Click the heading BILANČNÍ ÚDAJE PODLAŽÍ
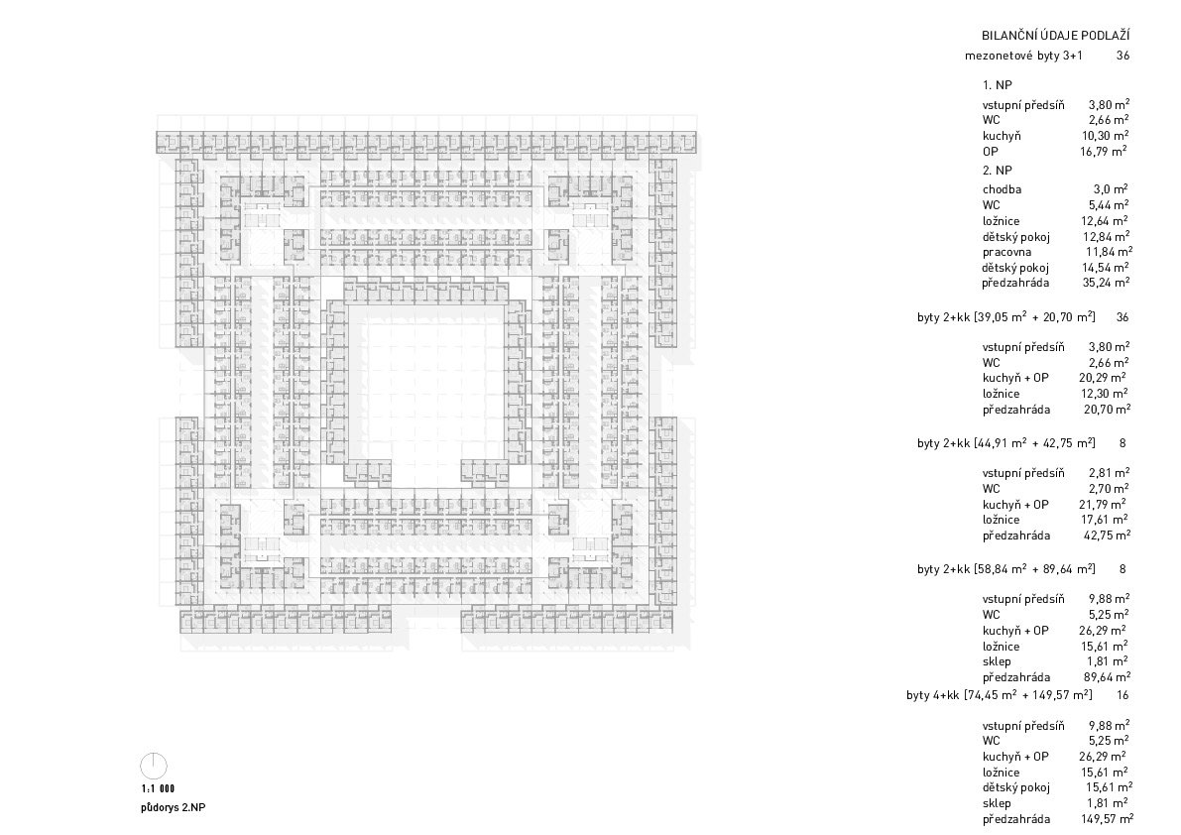tap(1055, 36)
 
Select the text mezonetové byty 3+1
tap(1023, 56)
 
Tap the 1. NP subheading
tap(998, 85)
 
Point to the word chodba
tap(1002, 189)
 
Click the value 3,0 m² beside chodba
tap(1111, 189)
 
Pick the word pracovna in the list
tap(1007, 252)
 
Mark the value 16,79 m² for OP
tap(1104, 152)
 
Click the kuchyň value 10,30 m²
tap(1105, 136)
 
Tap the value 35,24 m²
tap(1106, 283)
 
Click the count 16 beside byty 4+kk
tap(1123, 695)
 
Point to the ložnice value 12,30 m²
tap(1104, 394)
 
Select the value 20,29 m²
tap(1103, 378)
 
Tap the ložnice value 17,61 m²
tap(1104, 520)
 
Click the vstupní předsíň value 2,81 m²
tap(1109, 473)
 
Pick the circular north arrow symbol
tap(154, 767)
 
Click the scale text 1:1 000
tap(158, 789)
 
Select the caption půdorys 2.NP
tap(173, 808)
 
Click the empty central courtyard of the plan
tap(427, 384)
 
